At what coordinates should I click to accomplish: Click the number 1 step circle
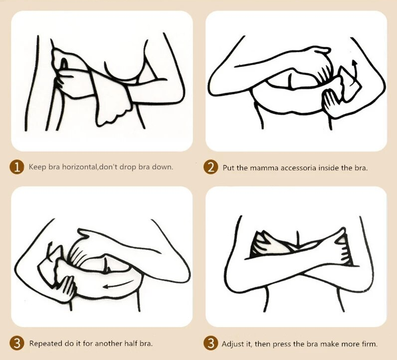pyautogui.click(x=17, y=167)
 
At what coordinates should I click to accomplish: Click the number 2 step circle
pyautogui.click(x=210, y=168)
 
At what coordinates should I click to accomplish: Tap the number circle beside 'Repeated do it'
pyautogui.click(x=17, y=344)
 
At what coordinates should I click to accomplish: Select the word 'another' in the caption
pyautogui.click(x=110, y=344)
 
